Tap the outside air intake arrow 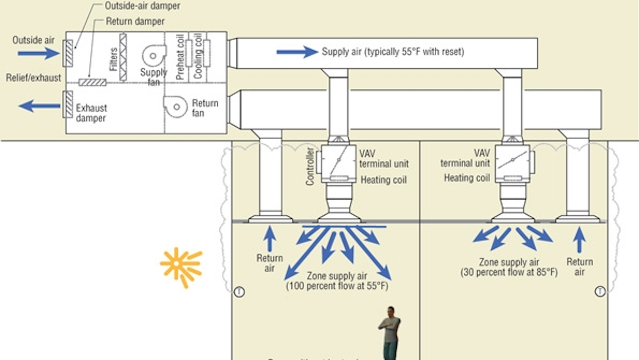39,53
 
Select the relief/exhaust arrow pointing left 39,107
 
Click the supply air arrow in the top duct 297,52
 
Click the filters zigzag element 123,57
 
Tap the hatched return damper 92,83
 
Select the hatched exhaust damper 68,104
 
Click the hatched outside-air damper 68,53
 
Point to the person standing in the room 390,333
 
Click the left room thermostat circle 239,292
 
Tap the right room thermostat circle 600,291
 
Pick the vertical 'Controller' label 310,167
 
